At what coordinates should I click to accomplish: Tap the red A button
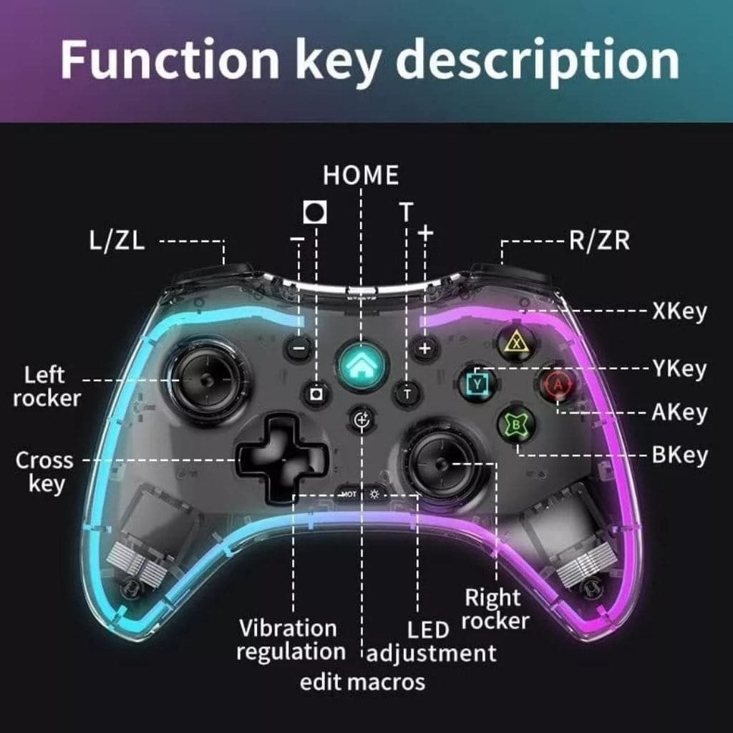[x=557, y=384]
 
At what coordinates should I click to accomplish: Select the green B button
[x=516, y=424]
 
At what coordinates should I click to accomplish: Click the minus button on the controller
[x=298, y=349]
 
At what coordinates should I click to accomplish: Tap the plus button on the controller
[x=424, y=349]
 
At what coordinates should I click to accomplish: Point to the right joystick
[x=440, y=463]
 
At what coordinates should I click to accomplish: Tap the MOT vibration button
[x=349, y=494]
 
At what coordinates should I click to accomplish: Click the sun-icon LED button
[x=374, y=494]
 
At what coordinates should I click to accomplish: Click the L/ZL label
[x=117, y=241]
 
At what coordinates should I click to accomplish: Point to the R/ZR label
[x=599, y=241]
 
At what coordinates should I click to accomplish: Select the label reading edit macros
[x=362, y=682]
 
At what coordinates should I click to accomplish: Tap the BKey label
[x=680, y=455]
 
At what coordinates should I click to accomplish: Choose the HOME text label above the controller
[x=361, y=175]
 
